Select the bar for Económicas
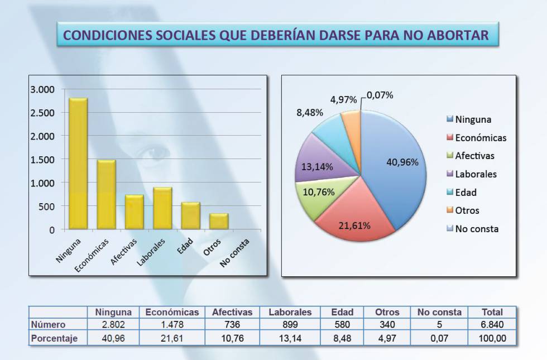click(106, 195)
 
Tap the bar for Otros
click(219, 221)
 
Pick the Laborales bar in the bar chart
click(162, 208)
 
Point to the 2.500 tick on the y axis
click(42, 113)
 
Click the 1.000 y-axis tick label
click(42, 183)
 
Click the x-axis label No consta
click(234, 253)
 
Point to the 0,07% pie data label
click(381, 95)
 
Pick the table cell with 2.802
click(113, 324)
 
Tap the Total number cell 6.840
click(492, 324)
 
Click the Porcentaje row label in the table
click(54, 338)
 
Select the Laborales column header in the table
click(290, 312)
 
